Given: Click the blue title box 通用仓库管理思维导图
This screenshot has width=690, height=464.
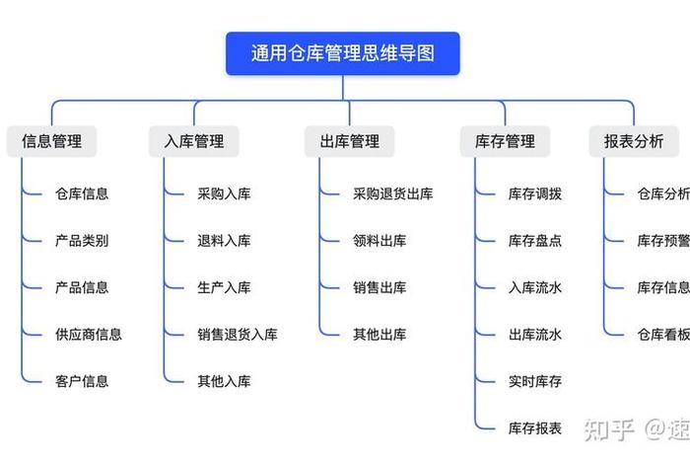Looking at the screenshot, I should tap(342, 53).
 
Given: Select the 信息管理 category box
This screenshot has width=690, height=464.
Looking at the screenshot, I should tap(51, 141).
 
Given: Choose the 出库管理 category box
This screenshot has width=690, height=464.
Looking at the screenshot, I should tap(349, 141).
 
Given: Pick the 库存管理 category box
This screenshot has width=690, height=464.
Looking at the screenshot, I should tap(505, 141).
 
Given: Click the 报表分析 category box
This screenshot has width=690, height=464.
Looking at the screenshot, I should tap(634, 141).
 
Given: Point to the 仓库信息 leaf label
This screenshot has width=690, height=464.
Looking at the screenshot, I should tap(82, 193).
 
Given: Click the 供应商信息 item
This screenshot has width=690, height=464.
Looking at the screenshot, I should tap(89, 335).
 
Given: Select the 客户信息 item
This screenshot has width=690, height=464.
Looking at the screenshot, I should tap(82, 381).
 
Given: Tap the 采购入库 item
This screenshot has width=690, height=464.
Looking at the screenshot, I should tap(224, 193).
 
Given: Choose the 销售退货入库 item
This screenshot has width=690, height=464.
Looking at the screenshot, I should tap(238, 335).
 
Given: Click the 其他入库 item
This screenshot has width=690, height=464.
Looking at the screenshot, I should tap(224, 381).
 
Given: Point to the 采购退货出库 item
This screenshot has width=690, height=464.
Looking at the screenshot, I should tap(392, 193).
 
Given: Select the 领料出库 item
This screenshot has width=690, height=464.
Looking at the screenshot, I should tap(379, 240).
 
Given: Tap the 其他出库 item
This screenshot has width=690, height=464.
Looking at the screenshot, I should tap(379, 335).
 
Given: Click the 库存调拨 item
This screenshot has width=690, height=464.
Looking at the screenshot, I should tap(535, 193).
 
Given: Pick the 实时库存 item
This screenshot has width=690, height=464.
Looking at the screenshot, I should tap(535, 381).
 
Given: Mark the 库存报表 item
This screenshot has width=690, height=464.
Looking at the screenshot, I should tap(535, 427).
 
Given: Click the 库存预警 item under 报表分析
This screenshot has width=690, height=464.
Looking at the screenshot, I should tap(662, 240).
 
